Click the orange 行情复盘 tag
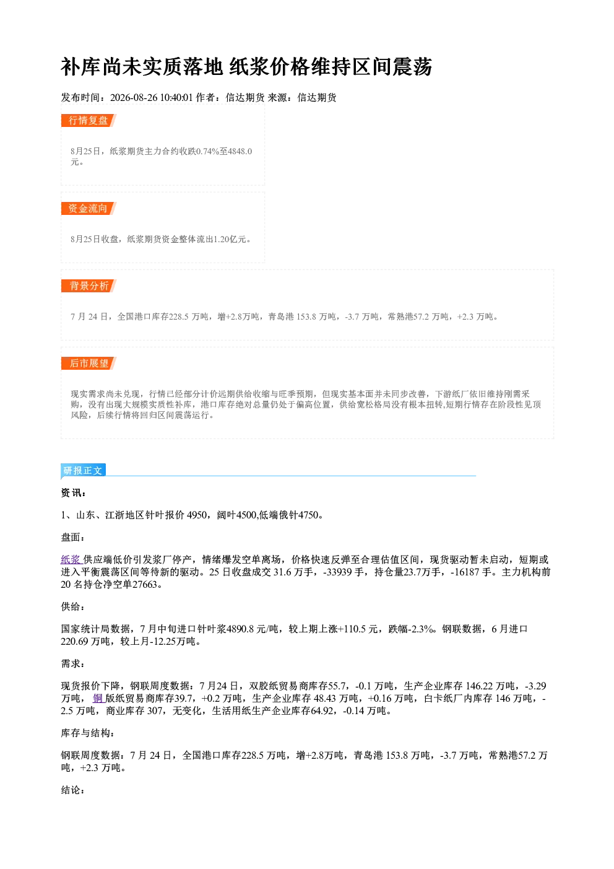coord(89,120)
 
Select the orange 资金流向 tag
coord(89,208)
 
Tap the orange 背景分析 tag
coord(89,286)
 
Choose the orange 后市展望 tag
coord(89,363)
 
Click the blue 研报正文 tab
coord(84,470)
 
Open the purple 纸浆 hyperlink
coord(71,559)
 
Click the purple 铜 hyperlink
coord(98,698)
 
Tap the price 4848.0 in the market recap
coord(240,151)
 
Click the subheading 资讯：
coord(73,492)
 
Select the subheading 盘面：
coord(73,537)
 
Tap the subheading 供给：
coord(73,606)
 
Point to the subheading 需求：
coord(73,663)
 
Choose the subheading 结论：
coord(73,790)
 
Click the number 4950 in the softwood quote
coord(197,515)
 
